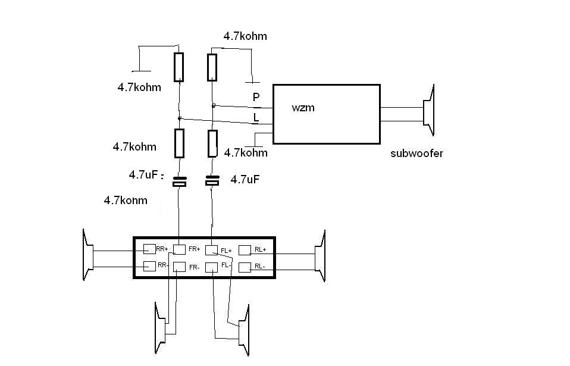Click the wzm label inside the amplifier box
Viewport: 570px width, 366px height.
pyautogui.click(x=303, y=108)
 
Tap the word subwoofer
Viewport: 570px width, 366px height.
pyautogui.click(x=416, y=154)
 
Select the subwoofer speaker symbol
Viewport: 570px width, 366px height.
pyautogui.click(x=429, y=110)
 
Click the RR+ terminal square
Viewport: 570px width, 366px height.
pyautogui.click(x=149, y=249)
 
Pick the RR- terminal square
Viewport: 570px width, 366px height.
pyautogui.click(x=149, y=266)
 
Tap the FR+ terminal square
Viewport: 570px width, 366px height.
pyautogui.click(x=179, y=249)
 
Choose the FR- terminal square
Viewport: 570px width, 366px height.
pyautogui.click(x=179, y=267)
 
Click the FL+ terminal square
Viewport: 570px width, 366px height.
pyautogui.click(x=212, y=250)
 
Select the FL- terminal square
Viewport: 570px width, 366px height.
pyautogui.click(x=212, y=267)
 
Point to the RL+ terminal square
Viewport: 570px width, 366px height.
pyautogui.click(x=245, y=250)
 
